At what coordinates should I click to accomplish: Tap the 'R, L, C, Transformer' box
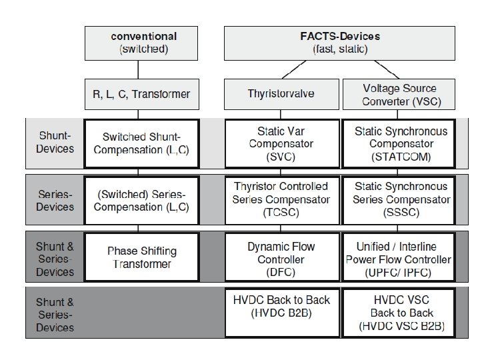pyautogui.click(x=141, y=95)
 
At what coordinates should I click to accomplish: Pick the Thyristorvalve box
pyautogui.click(x=281, y=95)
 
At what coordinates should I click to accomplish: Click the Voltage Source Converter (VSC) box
pyautogui.click(x=399, y=95)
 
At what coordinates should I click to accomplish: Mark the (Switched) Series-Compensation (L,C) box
pyautogui.click(x=141, y=199)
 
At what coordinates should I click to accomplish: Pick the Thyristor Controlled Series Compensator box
pyautogui.click(x=281, y=199)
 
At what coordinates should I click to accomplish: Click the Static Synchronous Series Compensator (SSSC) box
pyautogui.click(x=399, y=199)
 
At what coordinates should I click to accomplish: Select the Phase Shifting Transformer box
pyautogui.click(x=141, y=257)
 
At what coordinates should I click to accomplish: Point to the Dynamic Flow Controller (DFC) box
pyautogui.click(x=281, y=257)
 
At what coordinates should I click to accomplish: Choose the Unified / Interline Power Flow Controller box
pyautogui.click(x=399, y=257)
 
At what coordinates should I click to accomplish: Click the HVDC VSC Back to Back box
pyautogui.click(x=399, y=312)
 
